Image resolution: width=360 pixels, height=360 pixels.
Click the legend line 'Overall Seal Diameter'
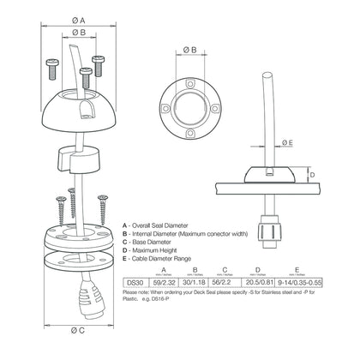pos(167,222)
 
